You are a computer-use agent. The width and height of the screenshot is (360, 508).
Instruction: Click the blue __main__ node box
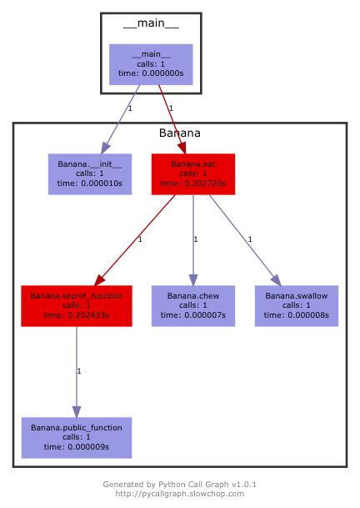click(x=151, y=64)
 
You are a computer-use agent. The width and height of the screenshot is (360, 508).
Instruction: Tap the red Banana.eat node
click(x=192, y=174)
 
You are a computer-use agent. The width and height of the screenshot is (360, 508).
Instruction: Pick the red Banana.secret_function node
click(x=76, y=305)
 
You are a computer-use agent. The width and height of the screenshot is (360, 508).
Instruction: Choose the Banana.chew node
click(x=192, y=305)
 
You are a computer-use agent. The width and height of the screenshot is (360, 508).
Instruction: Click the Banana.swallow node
click(x=297, y=305)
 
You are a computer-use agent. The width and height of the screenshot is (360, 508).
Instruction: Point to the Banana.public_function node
click(x=76, y=436)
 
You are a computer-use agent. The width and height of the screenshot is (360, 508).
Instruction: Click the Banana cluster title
click(x=179, y=133)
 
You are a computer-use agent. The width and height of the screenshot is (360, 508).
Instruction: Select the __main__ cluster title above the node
click(x=151, y=23)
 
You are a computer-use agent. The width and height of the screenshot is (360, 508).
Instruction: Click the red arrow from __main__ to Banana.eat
click(x=171, y=117)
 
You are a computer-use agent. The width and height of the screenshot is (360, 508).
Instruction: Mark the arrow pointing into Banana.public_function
click(x=76, y=371)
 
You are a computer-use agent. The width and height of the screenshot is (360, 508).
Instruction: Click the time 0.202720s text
click(x=192, y=184)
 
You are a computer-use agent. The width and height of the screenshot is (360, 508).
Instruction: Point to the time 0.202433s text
click(x=76, y=315)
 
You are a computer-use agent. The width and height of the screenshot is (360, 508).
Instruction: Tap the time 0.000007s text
click(x=192, y=315)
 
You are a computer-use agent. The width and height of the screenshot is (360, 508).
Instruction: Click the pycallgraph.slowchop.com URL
click(x=179, y=494)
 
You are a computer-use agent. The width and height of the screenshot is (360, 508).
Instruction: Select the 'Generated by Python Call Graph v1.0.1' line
click(x=179, y=484)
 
